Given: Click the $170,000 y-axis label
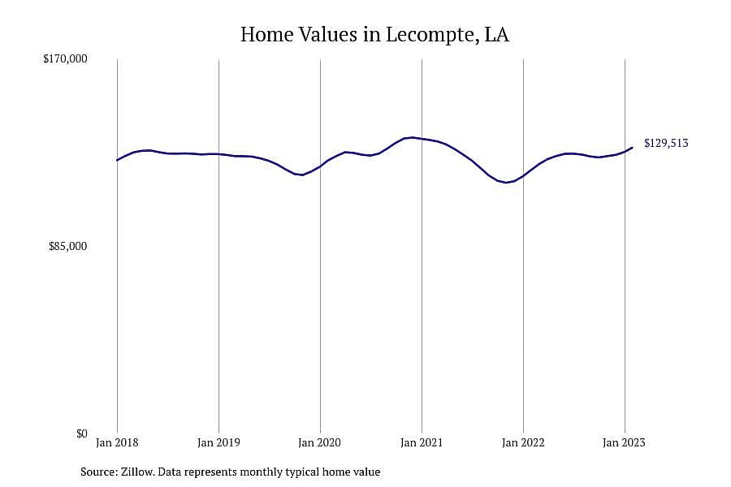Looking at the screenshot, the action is (65, 58).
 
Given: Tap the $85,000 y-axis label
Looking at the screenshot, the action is (67, 246).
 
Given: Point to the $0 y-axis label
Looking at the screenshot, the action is (81, 434).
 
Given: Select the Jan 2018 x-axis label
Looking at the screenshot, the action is (117, 442).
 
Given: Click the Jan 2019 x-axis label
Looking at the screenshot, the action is (218, 442).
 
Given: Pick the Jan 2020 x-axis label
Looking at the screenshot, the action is (320, 442).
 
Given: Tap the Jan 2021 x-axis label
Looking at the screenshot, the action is (422, 442).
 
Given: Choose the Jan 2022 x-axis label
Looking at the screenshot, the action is (523, 442).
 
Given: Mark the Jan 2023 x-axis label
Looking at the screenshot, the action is (625, 442).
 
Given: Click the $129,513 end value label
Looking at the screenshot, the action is (666, 143).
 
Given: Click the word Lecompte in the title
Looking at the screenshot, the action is (431, 35).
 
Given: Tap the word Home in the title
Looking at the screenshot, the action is (266, 34).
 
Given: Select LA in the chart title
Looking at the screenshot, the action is (497, 34).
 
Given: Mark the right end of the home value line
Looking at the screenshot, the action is (633, 148).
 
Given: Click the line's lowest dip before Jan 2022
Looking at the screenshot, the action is (506, 182).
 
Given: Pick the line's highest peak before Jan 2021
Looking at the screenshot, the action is (411, 137).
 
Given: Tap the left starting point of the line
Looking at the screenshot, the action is (117, 160).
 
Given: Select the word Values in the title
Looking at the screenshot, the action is (328, 34).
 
